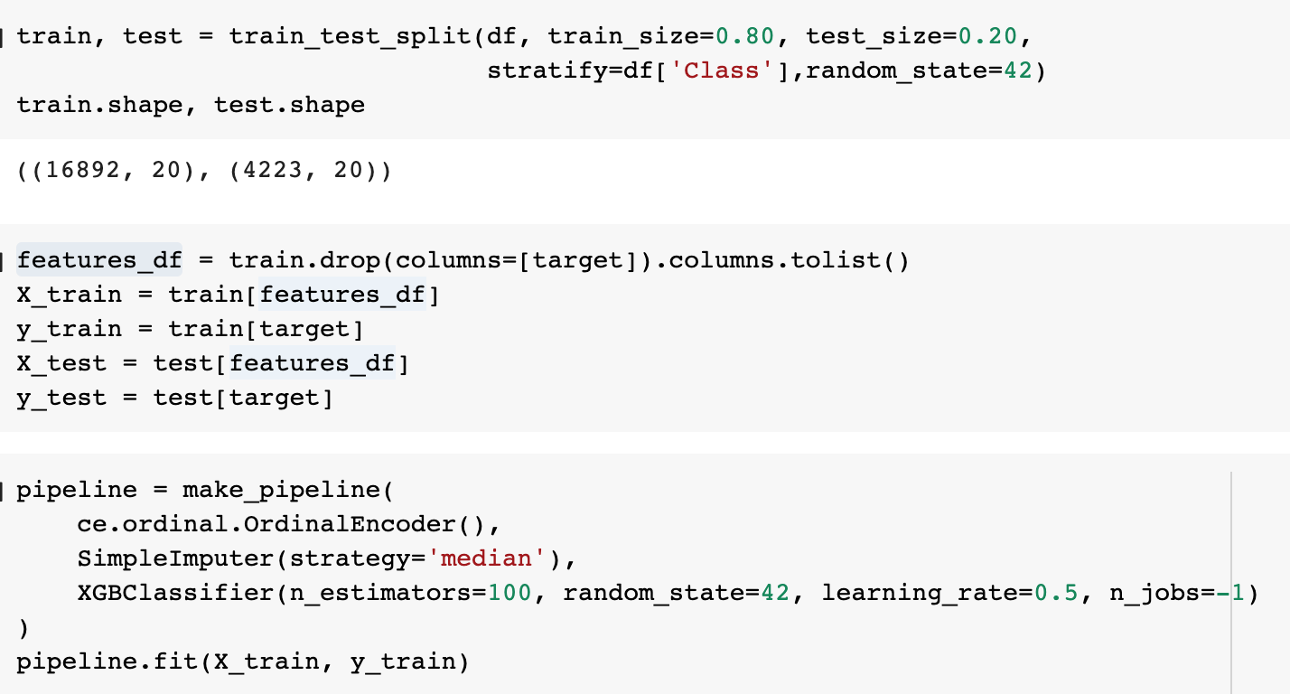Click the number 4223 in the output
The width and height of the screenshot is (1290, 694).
coord(267,170)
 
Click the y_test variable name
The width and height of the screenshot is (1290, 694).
coord(61,398)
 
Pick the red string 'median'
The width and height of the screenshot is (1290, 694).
coord(487,558)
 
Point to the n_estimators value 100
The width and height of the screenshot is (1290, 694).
coord(509,593)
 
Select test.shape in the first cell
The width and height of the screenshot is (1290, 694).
coord(289,105)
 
